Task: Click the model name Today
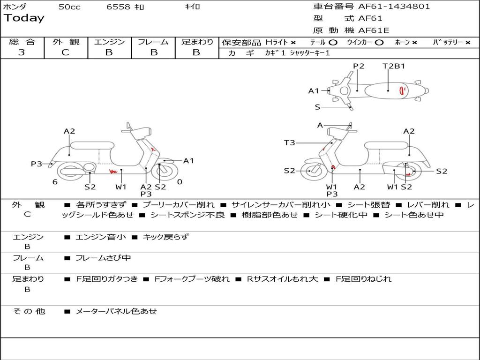[x=24, y=18]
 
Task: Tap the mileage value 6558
[x=119, y=7]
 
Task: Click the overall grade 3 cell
[x=22, y=52]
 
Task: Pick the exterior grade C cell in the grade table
[x=65, y=52]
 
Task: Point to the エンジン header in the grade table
[x=109, y=42]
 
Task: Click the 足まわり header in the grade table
[x=197, y=42]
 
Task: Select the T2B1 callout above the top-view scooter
[x=394, y=66]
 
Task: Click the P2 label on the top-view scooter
[x=359, y=66]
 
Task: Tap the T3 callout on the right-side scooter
[x=290, y=142]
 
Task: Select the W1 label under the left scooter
[x=121, y=187]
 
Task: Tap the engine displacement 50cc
[x=69, y=7]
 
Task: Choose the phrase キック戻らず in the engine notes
[x=165, y=237]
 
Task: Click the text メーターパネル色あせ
[x=116, y=311]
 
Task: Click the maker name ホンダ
[x=15, y=7]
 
